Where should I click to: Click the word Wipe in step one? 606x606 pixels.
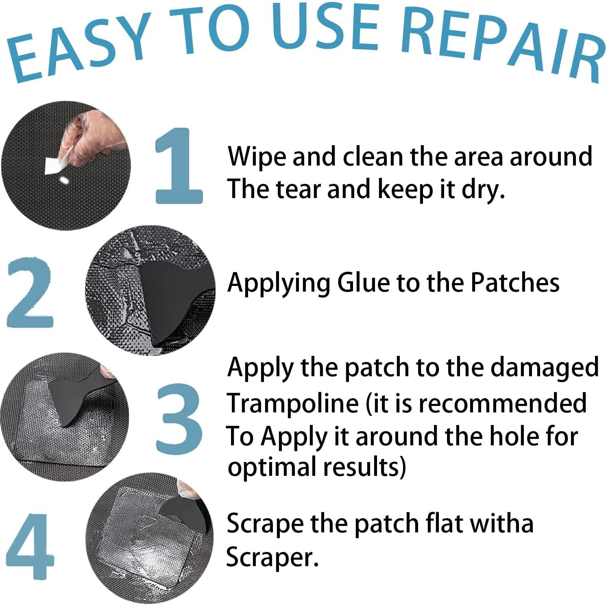[x=256, y=157]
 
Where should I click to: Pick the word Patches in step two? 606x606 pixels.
[x=514, y=283]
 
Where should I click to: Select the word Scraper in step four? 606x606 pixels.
[x=271, y=557]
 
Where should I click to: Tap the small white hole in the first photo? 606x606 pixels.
[x=64, y=179]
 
